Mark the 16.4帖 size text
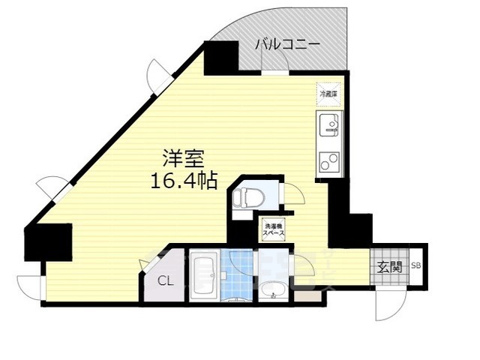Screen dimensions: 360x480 click(x=184, y=181)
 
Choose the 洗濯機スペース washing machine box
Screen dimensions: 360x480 click(x=271, y=228)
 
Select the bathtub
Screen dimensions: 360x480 click(x=203, y=275)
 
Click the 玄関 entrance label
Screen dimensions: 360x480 click(x=388, y=267)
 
